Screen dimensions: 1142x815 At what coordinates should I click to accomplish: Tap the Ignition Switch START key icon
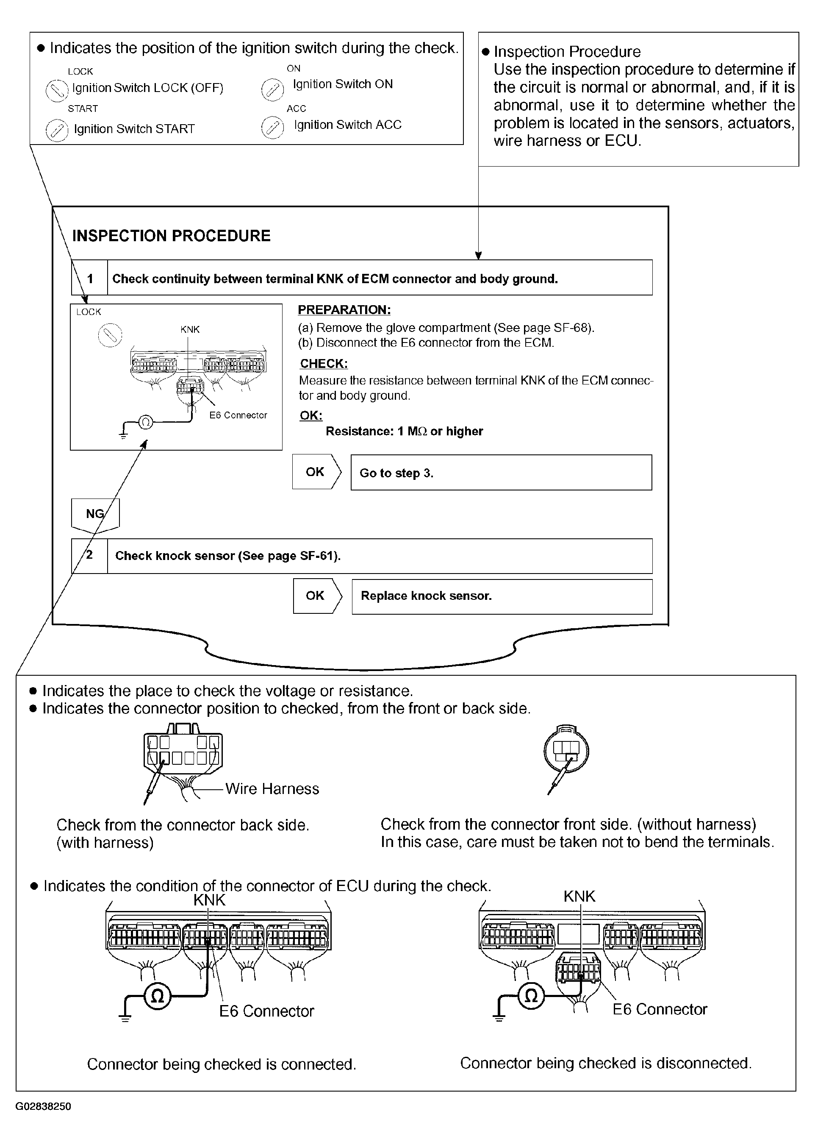point(57,131)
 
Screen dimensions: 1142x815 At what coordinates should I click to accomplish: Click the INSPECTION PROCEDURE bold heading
point(171,236)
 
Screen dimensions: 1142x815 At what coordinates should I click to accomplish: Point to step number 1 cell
point(90,278)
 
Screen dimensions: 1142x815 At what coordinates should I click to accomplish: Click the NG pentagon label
point(95,514)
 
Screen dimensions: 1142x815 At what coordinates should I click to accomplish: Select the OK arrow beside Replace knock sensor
point(317,596)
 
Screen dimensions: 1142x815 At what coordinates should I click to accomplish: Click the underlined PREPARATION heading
point(344,310)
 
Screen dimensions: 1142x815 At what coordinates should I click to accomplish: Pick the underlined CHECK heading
point(324,364)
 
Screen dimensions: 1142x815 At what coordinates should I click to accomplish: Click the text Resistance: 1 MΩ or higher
point(404,432)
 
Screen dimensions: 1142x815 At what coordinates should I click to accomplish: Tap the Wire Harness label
point(272,789)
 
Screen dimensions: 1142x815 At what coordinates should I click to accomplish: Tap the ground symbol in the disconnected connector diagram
point(498,1017)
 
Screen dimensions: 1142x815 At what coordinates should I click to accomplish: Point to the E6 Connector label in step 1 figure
point(238,415)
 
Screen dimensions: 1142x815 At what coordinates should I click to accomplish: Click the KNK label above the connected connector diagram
point(209,900)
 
